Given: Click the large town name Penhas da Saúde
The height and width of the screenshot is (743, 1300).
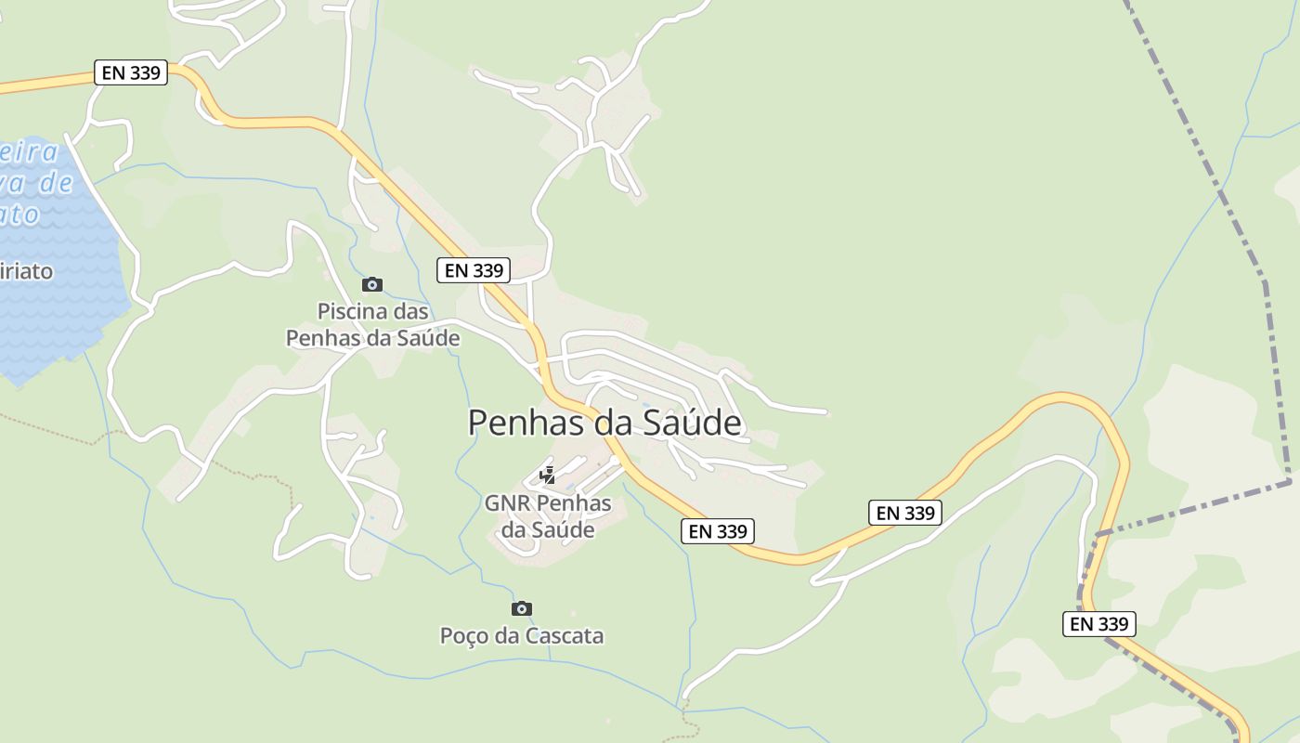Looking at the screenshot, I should tap(604, 423).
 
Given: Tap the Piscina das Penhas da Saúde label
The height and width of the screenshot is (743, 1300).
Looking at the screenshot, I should tap(372, 324).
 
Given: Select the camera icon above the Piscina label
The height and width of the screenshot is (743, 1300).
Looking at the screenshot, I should tap(372, 284).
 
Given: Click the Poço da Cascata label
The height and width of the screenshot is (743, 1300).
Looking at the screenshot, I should tap(521, 636).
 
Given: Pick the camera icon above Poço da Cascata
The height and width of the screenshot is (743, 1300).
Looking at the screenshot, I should tap(522, 608).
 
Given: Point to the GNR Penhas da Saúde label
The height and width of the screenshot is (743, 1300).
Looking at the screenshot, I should tap(548, 516).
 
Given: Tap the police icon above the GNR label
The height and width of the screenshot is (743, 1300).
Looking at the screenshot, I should tap(548, 476).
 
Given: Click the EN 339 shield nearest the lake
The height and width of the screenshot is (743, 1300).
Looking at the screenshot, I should tap(131, 72).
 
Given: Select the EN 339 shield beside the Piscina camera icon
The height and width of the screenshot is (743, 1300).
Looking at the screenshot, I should tap(474, 270).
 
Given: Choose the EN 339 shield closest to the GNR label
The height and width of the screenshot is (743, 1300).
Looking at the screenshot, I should tap(717, 531).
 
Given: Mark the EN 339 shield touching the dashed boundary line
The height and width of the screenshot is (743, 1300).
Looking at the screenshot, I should tap(1099, 624).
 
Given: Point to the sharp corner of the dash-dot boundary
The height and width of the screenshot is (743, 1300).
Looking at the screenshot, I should tap(1290, 481).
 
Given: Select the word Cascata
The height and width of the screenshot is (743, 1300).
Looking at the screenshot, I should tap(565, 636).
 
